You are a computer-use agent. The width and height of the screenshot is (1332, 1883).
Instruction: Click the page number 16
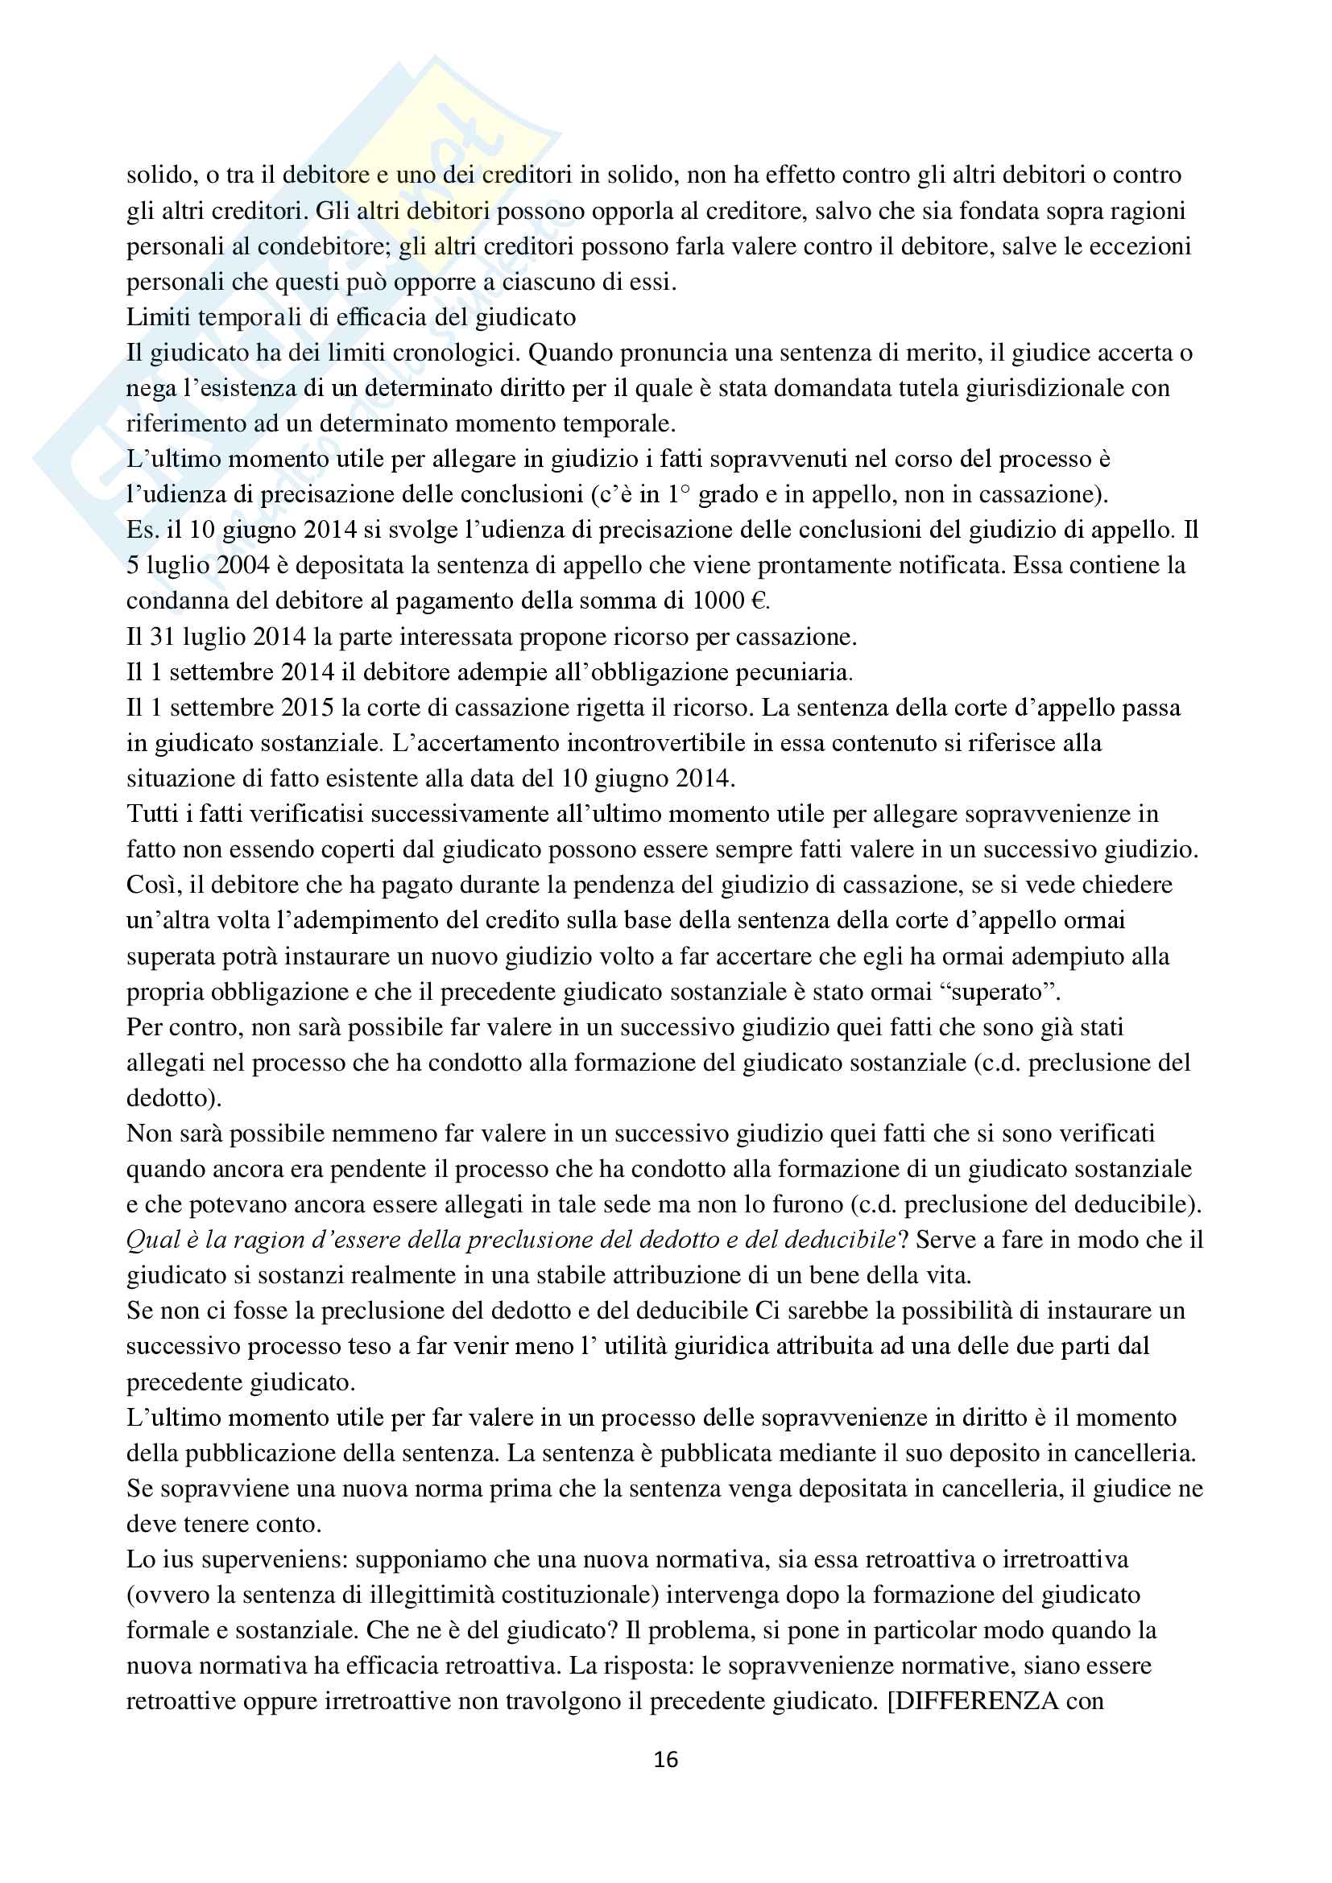point(665,1759)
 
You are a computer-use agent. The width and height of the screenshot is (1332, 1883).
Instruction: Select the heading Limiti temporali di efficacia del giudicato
point(351,316)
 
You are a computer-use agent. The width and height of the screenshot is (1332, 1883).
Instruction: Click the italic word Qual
point(152,1239)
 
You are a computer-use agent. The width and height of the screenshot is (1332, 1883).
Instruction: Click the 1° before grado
point(679,494)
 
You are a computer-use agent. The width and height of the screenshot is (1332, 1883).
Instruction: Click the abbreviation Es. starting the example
point(142,530)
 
